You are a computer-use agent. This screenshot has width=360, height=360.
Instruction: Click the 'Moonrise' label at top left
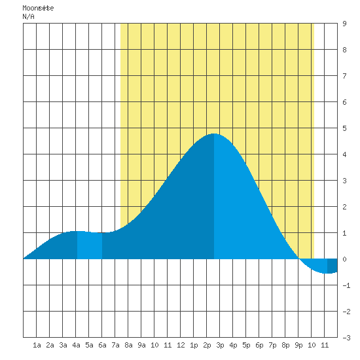pyautogui.click(x=38, y=9)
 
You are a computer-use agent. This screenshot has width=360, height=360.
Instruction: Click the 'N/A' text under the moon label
pyautogui.click(x=28, y=16)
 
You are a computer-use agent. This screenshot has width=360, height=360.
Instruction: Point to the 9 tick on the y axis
pyautogui.click(x=344, y=24)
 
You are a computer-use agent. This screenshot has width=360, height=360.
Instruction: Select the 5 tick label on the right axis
pyautogui.click(x=344, y=128)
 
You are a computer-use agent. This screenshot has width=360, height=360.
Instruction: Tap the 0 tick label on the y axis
pyautogui.click(x=344, y=259)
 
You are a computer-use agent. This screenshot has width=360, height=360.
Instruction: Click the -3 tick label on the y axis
pyautogui.click(x=347, y=338)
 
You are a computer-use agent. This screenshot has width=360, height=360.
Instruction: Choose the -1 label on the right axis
pyautogui.click(x=347, y=285)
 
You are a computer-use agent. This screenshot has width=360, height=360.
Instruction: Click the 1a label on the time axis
pyautogui.click(x=37, y=345)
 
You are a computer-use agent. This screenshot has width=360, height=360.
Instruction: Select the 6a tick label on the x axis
pyautogui.click(x=102, y=345)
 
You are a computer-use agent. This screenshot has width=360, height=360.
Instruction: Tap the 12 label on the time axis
pyautogui.click(x=181, y=345)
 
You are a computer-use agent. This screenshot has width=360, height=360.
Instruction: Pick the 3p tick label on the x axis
pyautogui.click(x=220, y=345)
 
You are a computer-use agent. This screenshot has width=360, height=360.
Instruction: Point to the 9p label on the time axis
pyautogui.click(x=298, y=345)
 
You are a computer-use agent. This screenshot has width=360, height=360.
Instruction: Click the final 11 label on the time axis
pyautogui.click(x=325, y=345)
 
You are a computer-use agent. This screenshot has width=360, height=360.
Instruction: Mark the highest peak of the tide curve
pyautogui.click(x=214, y=134)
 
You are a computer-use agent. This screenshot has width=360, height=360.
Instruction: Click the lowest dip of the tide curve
pyautogui.click(x=326, y=273)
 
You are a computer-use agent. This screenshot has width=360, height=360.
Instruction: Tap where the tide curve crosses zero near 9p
pyautogui.click(x=299, y=259)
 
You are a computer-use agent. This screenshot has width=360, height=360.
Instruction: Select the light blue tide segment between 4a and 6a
pyautogui.click(x=90, y=245)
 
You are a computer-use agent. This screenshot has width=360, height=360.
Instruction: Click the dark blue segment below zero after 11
pyautogui.click(x=333, y=266)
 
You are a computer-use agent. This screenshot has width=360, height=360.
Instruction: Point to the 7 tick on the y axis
pyautogui.click(x=344, y=76)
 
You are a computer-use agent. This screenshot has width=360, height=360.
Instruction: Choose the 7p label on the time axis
pyautogui.click(x=272, y=345)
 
